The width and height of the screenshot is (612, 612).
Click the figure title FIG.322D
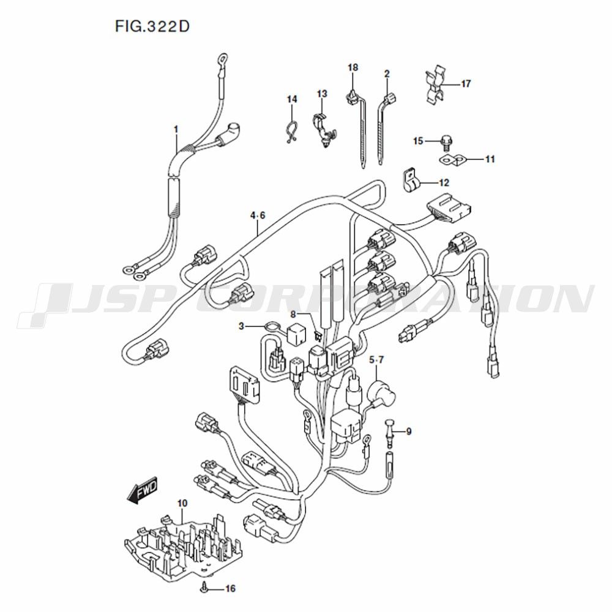(152, 26)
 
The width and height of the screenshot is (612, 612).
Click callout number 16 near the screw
(230, 588)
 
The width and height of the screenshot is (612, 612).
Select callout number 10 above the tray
(182, 504)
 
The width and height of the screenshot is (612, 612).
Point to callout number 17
(466, 83)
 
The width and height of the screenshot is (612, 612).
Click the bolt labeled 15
(446, 142)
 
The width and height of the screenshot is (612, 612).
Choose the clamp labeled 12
(411, 180)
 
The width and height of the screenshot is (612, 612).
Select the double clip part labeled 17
(436, 86)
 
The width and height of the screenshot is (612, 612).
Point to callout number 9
(409, 431)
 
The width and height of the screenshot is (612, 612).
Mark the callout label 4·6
(258, 215)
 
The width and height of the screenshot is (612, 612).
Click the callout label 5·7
(376, 359)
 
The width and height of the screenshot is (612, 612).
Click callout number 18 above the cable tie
(353, 67)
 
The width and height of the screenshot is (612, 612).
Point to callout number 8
(294, 314)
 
